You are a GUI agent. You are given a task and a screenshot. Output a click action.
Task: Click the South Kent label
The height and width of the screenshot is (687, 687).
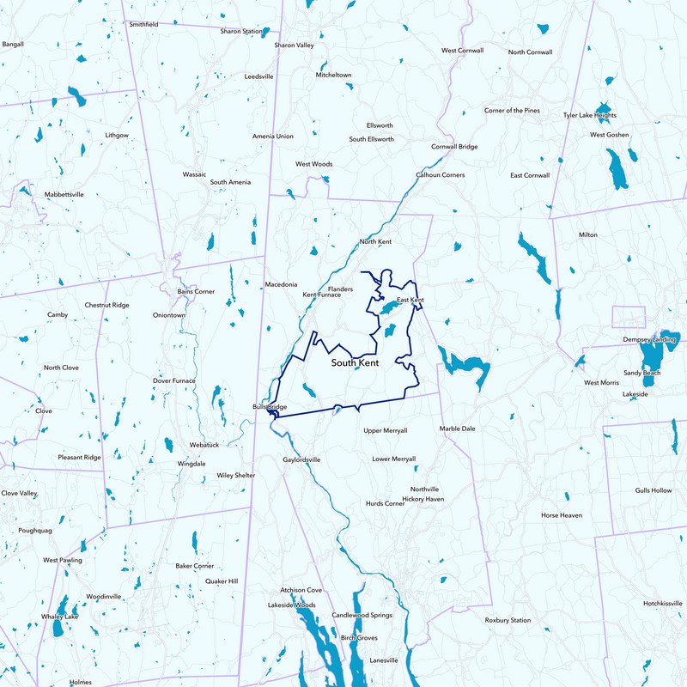click(x=356, y=364)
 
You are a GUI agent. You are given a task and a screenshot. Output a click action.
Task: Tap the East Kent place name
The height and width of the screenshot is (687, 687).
click(x=410, y=301)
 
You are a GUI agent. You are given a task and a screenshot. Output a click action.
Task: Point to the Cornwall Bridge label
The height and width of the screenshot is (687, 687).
click(x=454, y=147)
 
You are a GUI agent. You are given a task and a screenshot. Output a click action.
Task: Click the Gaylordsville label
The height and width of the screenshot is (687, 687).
click(x=301, y=460)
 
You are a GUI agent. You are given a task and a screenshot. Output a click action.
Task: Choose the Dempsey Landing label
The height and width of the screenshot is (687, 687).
click(x=649, y=340)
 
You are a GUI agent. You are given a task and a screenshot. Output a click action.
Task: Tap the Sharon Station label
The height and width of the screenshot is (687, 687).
click(x=241, y=32)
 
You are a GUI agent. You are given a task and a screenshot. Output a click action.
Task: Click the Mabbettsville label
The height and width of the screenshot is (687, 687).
click(x=64, y=195)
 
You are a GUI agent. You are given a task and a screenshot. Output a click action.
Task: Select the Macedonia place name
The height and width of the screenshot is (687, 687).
click(x=281, y=284)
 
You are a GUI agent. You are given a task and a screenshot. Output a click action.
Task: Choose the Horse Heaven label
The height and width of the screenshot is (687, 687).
click(x=562, y=516)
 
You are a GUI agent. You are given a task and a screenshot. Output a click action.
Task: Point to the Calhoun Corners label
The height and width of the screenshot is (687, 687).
click(x=441, y=175)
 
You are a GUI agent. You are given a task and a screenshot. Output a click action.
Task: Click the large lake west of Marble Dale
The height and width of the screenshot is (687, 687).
click(x=465, y=365)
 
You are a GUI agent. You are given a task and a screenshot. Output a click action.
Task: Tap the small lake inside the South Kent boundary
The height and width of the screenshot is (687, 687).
click(x=389, y=330)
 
